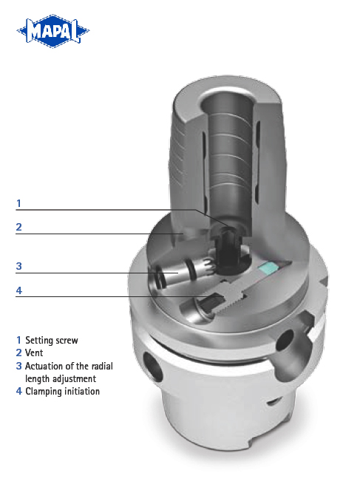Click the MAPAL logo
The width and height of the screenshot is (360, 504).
(x=52, y=32)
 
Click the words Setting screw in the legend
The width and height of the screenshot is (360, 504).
(x=51, y=341)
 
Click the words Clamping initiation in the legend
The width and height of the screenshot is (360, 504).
(x=62, y=391)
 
